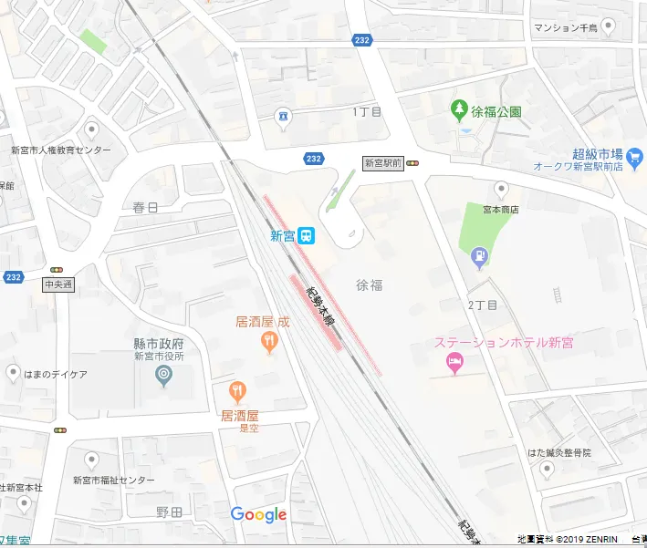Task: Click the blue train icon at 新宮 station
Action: pyautogui.click(x=307, y=236)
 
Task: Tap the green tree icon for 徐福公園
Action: pyautogui.click(x=459, y=111)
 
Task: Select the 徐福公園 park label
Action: pyautogui.click(x=496, y=112)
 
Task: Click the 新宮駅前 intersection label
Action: pyautogui.click(x=382, y=163)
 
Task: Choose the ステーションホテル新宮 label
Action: pyautogui.click(x=504, y=343)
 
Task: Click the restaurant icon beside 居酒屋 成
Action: pyautogui.click(x=268, y=343)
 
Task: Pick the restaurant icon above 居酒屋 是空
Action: pyautogui.click(x=237, y=392)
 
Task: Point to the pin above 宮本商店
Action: pyautogui.click(x=501, y=190)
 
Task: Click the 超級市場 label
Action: pyautogui.click(x=597, y=153)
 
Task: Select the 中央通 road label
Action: pyautogui.click(x=57, y=284)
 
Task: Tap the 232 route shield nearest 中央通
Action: pyautogui.click(x=13, y=277)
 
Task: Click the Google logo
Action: pyautogui.click(x=258, y=515)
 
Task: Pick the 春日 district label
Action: pyautogui.click(x=145, y=207)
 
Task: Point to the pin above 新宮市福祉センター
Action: pyautogui.click(x=91, y=460)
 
